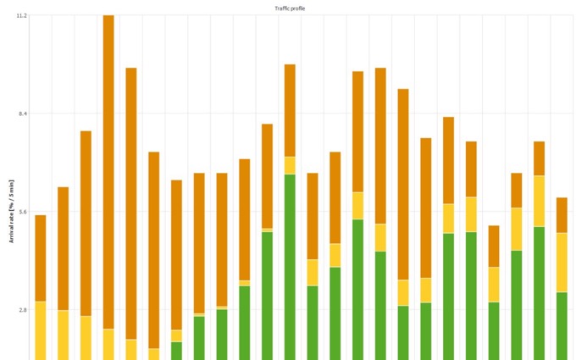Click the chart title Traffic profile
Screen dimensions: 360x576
click(290, 8)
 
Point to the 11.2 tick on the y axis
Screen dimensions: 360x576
click(22, 16)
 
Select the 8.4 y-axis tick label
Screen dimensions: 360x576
click(22, 114)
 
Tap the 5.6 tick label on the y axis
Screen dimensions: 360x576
click(22, 212)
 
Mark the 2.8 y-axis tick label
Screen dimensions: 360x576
click(22, 310)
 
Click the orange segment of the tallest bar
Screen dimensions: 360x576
click(108, 169)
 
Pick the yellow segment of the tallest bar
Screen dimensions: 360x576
click(108, 344)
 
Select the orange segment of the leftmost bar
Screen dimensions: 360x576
click(41, 258)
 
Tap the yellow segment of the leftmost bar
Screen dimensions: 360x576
click(41, 330)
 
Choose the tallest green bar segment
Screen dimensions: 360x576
click(290, 267)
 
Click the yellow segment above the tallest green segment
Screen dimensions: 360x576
click(290, 165)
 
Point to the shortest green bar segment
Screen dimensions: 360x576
click(176, 351)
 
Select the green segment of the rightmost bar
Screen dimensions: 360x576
click(562, 326)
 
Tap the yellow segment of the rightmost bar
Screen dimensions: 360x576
click(562, 263)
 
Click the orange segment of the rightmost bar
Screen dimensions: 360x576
click(562, 215)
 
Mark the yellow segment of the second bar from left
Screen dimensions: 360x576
click(63, 335)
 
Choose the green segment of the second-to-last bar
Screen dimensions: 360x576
click(539, 293)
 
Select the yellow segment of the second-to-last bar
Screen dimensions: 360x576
click(539, 201)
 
